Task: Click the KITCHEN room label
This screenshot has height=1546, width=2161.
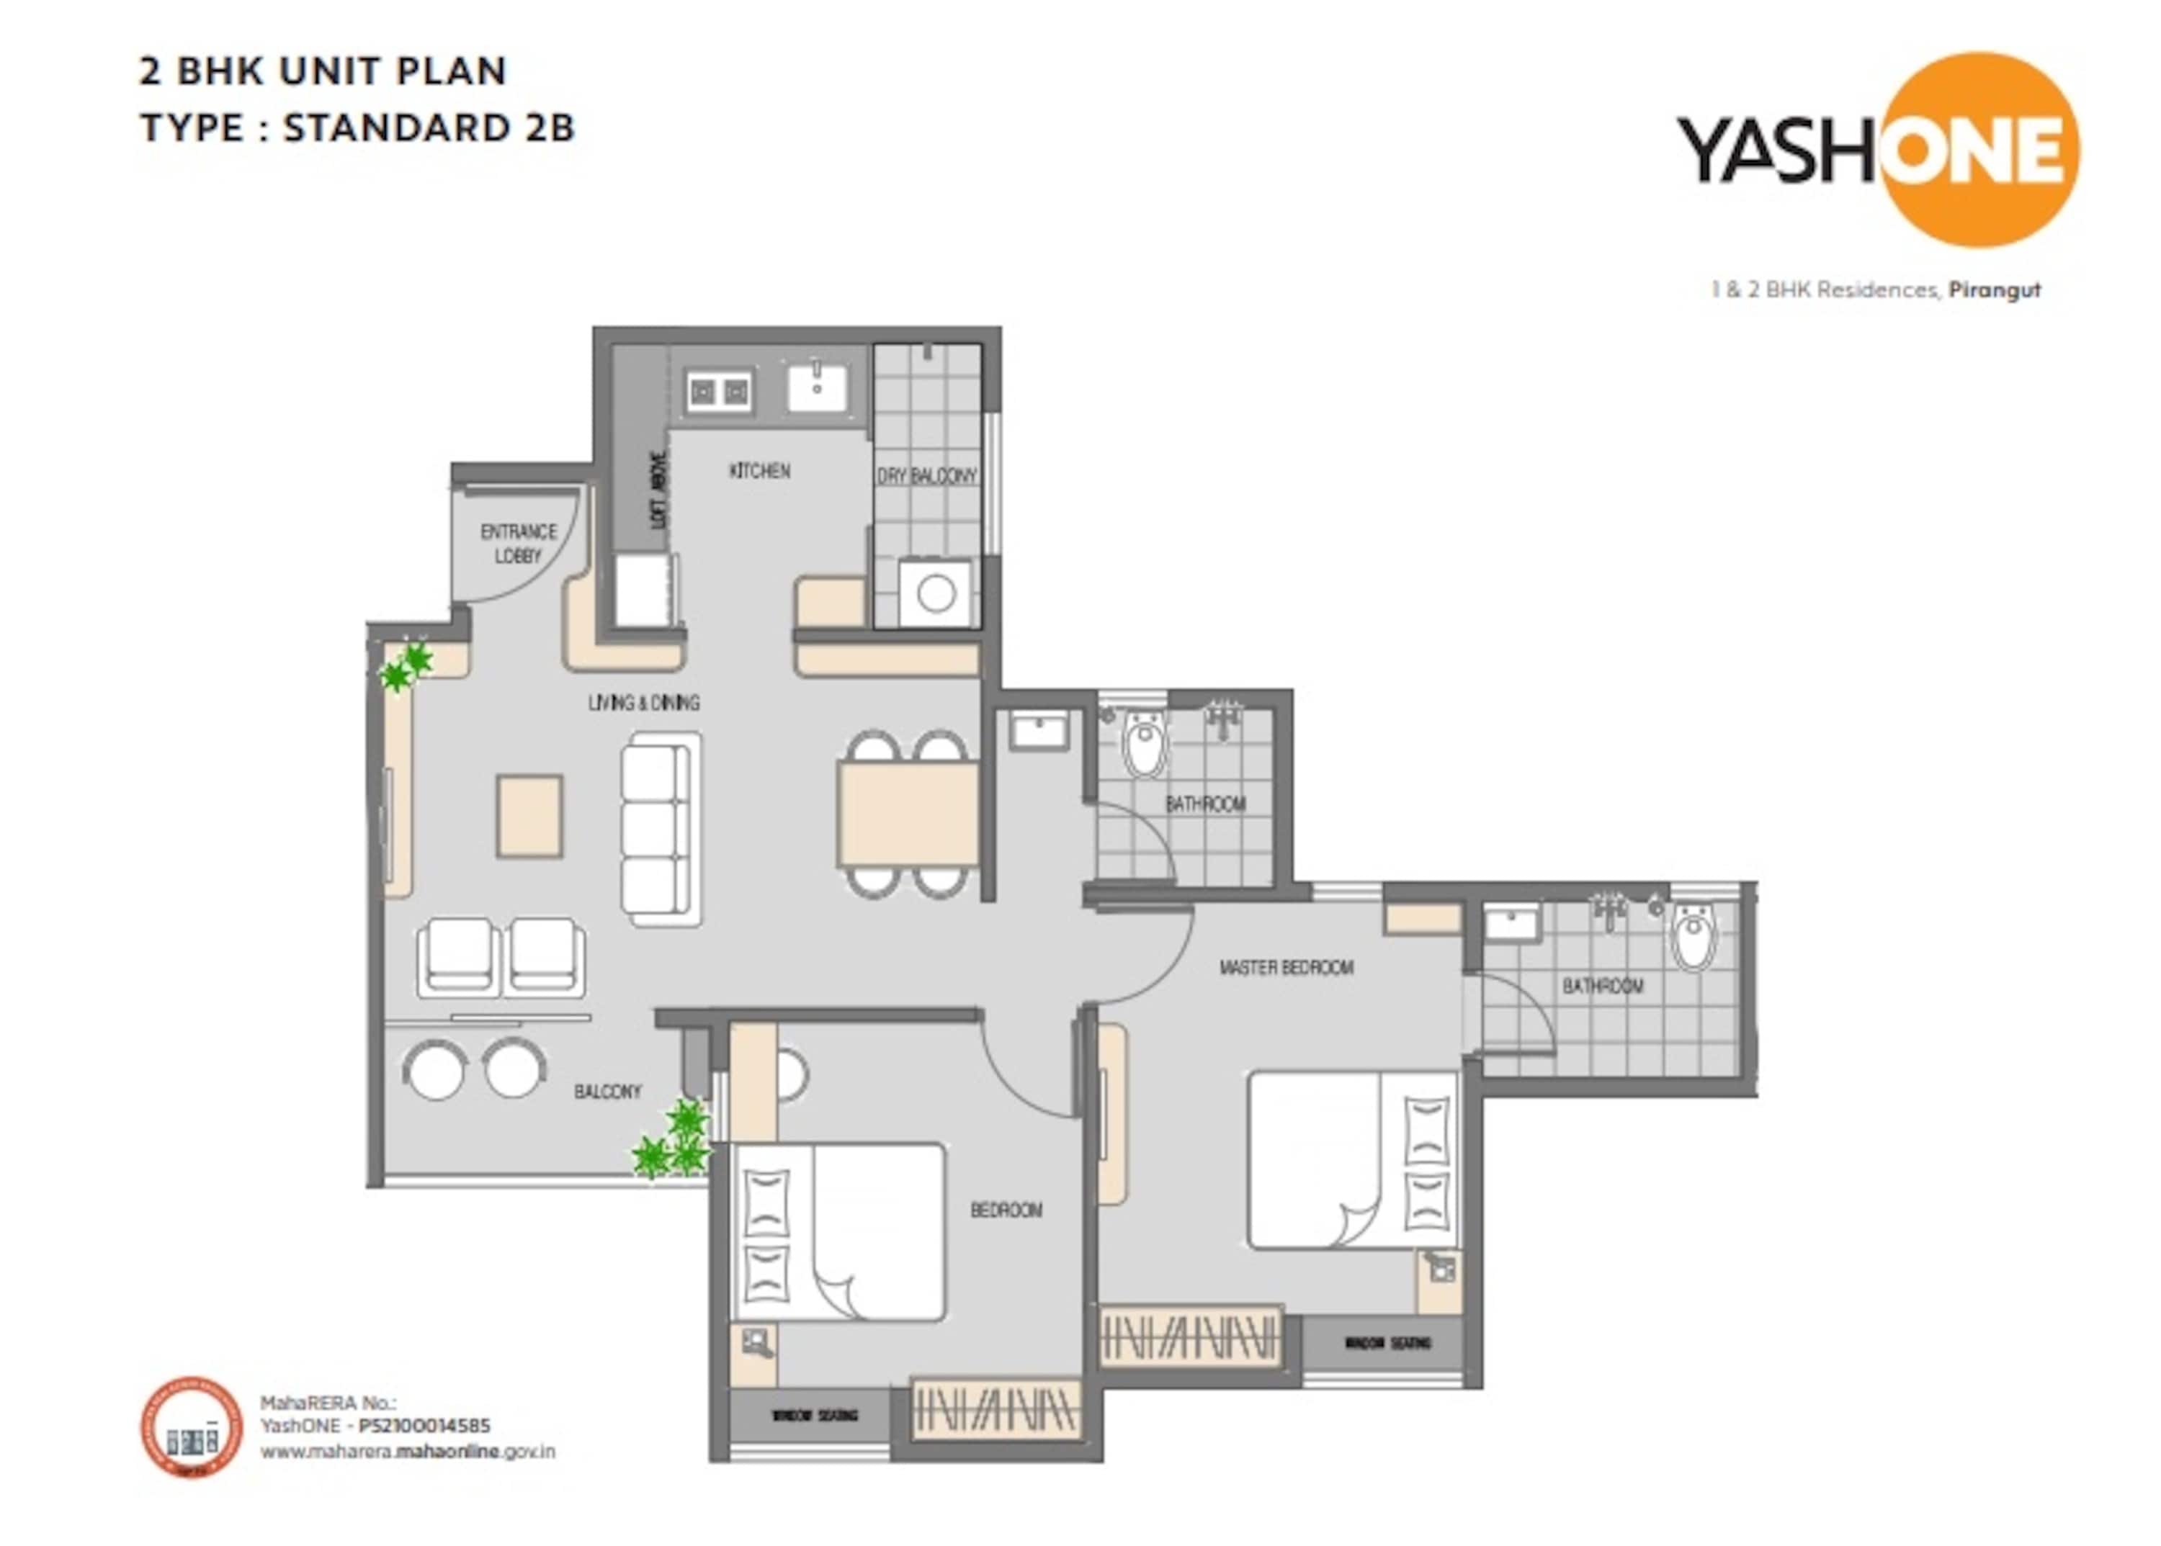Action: [759, 470]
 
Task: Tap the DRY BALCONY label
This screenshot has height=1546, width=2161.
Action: [926, 475]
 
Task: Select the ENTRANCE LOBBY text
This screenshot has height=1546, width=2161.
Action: [518, 543]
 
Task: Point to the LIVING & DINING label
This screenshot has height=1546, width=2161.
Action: [644, 703]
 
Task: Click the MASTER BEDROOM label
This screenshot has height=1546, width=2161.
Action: [1286, 967]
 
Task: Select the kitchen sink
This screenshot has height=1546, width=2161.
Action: [816, 387]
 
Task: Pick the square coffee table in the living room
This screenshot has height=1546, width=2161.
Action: [529, 816]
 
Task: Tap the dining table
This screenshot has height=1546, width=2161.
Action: [908, 814]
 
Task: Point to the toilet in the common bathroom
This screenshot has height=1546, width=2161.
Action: [1144, 745]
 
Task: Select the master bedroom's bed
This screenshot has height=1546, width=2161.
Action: [1352, 1159]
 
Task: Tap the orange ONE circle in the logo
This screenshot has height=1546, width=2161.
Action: [1981, 150]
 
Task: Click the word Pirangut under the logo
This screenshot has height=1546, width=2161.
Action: [1995, 289]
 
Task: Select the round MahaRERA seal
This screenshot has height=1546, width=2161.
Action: [192, 1428]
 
